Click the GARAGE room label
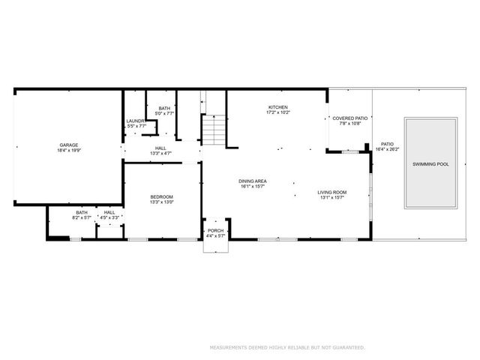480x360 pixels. point(69,145)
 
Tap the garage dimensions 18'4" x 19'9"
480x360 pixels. point(69,151)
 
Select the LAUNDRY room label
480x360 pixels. point(135,121)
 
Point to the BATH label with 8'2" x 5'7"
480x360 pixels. point(82,212)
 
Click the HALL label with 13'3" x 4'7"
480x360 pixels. point(160,148)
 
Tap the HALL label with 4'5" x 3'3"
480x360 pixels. point(109,212)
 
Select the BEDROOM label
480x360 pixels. point(161,196)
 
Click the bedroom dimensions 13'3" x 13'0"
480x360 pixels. point(161,202)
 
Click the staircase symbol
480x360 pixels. point(213,130)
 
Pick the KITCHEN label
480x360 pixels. point(277,107)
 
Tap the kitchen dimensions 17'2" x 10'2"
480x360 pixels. point(277,112)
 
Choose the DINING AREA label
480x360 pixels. point(253,181)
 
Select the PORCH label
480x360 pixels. point(215,230)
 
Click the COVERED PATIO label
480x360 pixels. point(350,118)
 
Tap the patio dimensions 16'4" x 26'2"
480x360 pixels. point(387,149)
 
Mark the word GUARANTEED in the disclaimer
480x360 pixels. point(349,347)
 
